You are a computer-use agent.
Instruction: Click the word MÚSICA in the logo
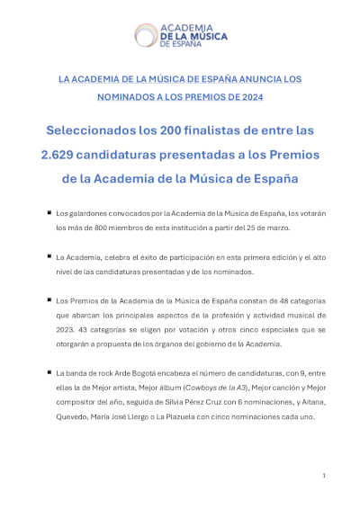[208, 35]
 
